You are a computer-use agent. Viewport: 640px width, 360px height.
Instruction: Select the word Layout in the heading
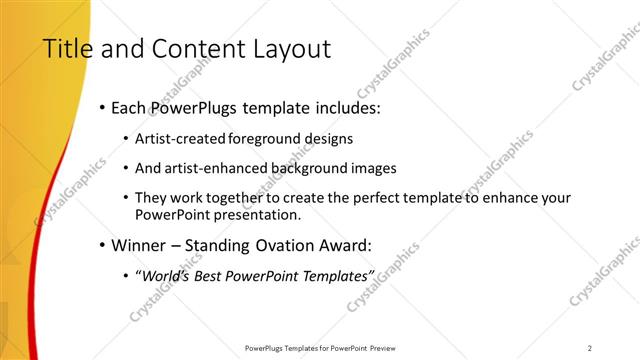292,49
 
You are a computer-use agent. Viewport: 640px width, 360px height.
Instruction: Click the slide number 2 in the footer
590,348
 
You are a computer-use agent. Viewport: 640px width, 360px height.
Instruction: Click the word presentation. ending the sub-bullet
255,215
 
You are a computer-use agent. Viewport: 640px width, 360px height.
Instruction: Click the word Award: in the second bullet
333,245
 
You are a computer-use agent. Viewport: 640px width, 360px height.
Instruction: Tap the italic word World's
165,275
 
